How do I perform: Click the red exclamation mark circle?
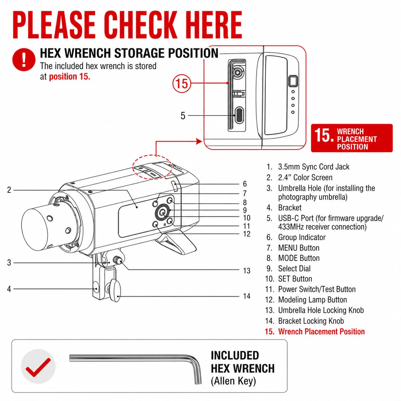(24, 59)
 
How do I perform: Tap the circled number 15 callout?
(182, 84)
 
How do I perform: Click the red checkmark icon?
(38, 367)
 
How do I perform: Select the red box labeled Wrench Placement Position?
(352, 138)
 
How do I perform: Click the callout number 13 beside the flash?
(247, 271)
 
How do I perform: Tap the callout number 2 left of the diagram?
(9, 190)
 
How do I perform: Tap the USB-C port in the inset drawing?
(239, 115)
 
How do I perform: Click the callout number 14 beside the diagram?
(247, 296)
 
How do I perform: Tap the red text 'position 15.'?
(69, 76)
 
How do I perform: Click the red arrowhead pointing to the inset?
(199, 142)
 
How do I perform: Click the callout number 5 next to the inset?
(183, 116)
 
